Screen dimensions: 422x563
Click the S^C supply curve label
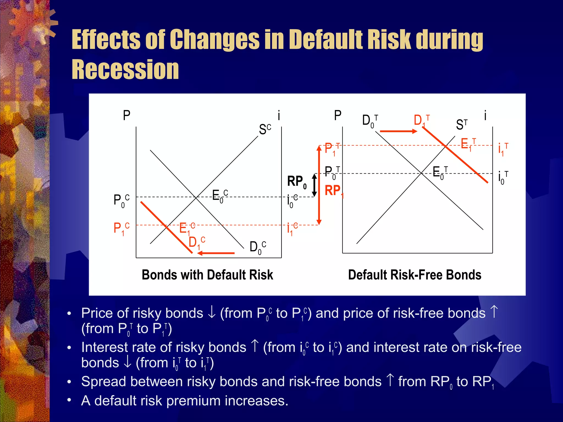[265, 129]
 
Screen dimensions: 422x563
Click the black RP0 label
[297, 182]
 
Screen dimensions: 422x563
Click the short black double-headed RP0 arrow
[314, 185]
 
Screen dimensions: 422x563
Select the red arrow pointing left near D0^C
[216, 253]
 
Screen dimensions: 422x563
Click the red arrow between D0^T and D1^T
[398, 131]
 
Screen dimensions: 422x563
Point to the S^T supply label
[462, 124]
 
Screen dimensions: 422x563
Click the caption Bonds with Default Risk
[207, 275]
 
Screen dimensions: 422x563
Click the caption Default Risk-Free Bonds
[415, 275]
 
